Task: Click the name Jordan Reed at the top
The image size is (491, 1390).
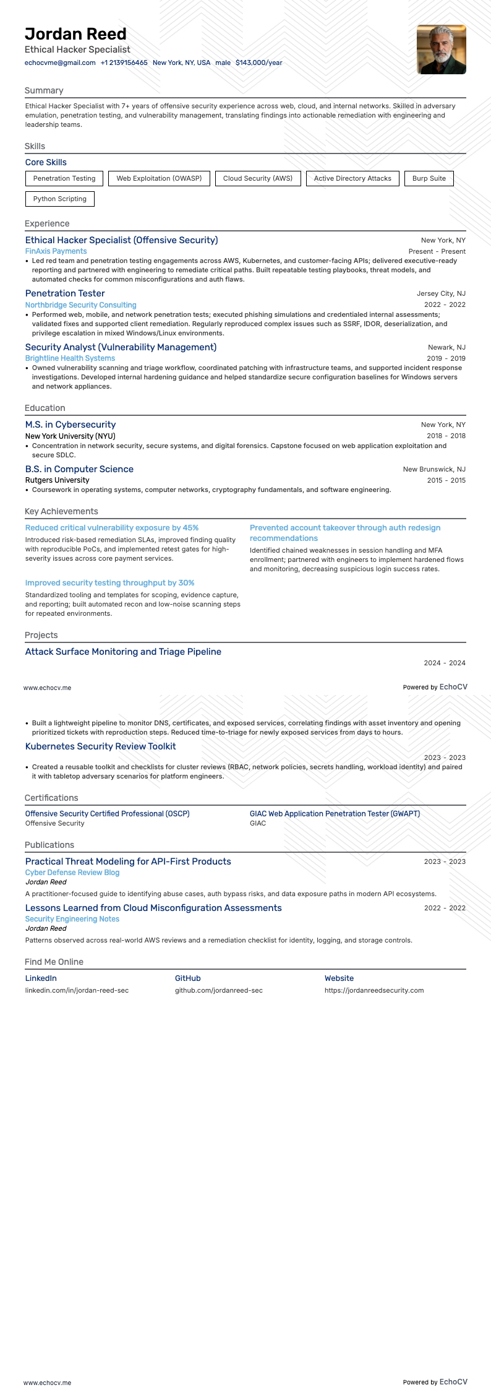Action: click(x=75, y=34)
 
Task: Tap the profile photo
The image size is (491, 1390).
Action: click(x=441, y=50)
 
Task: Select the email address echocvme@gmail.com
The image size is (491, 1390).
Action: click(x=60, y=63)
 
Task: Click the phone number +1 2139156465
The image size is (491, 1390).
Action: click(x=124, y=63)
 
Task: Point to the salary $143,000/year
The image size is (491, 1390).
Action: click(x=258, y=63)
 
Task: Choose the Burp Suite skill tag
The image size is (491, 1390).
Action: click(x=429, y=178)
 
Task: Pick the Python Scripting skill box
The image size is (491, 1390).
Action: click(x=60, y=199)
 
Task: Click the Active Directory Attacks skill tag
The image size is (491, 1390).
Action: click(x=352, y=178)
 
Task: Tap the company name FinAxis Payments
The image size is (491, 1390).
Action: click(x=56, y=251)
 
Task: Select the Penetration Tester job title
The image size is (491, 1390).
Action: click(x=65, y=293)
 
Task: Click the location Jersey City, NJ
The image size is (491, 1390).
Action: click(x=441, y=293)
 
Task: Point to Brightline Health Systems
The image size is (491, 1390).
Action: click(x=70, y=358)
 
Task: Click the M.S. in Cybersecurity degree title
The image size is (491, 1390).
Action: click(x=70, y=425)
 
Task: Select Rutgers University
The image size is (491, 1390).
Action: click(x=57, y=480)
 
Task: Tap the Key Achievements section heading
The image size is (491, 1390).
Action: click(x=61, y=511)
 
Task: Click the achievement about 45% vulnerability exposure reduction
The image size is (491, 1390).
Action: click(x=112, y=528)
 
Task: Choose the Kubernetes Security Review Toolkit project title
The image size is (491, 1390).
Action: click(x=100, y=746)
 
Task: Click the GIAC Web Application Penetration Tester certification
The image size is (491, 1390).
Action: click(x=335, y=814)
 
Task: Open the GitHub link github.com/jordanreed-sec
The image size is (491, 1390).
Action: click(x=218, y=990)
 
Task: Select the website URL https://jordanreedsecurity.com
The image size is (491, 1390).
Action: click(x=374, y=990)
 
